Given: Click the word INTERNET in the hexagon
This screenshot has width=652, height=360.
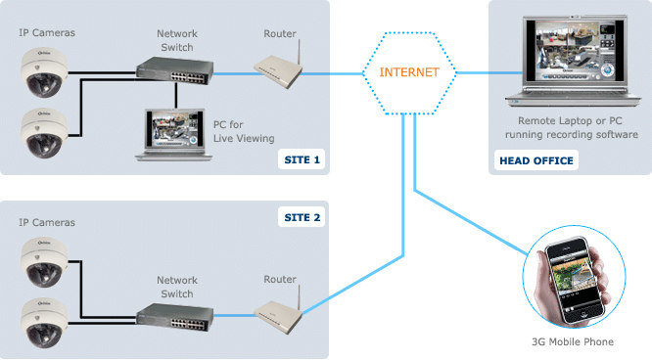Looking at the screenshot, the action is (x=409, y=72).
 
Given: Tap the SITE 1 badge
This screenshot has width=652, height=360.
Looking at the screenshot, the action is (x=302, y=159).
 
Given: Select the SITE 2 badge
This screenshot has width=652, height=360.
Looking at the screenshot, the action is (x=302, y=217).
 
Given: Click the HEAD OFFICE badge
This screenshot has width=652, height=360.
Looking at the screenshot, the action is (x=536, y=160).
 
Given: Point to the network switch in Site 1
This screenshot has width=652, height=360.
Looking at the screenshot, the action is (x=175, y=70).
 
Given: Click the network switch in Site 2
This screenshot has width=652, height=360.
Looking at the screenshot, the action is (x=175, y=317).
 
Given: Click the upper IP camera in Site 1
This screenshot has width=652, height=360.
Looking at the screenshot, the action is (x=44, y=72).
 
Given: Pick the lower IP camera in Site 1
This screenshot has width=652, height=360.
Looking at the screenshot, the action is (x=44, y=133).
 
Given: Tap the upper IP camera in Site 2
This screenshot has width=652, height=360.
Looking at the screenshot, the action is (x=44, y=262).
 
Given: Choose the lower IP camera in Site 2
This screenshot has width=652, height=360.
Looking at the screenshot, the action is (x=44, y=324).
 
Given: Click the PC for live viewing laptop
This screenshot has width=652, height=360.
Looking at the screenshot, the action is (x=174, y=135).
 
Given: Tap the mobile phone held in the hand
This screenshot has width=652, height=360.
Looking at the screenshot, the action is (x=575, y=280).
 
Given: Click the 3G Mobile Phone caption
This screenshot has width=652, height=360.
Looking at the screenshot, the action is (x=573, y=341).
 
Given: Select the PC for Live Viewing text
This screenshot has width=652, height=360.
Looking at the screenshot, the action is (x=244, y=131).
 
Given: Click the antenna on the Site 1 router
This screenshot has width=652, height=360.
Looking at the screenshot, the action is (x=299, y=53).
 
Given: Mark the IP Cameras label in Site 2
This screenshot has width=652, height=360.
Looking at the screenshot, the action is (x=47, y=222).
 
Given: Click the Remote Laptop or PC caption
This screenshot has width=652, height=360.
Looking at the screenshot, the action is (x=570, y=121).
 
